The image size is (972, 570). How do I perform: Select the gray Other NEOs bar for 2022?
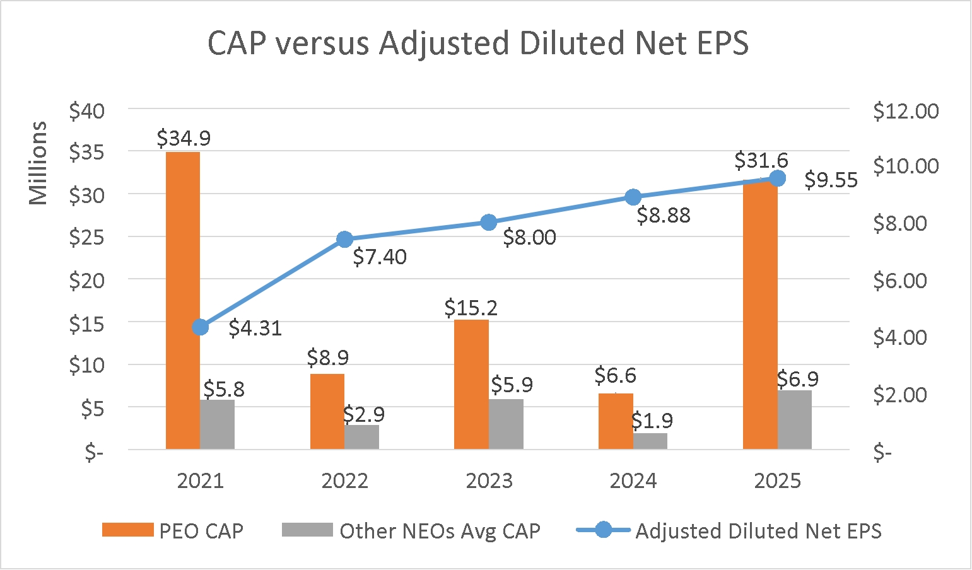click(361, 437)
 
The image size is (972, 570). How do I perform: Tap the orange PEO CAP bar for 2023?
click(471, 385)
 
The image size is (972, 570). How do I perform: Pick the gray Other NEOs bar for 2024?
click(650, 441)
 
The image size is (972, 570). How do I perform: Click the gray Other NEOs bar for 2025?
click(794, 420)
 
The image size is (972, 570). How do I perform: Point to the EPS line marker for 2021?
click(201, 327)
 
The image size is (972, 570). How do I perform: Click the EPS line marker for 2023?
click(489, 223)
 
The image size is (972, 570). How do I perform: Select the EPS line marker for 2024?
click(633, 197)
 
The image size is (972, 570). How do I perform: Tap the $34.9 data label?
click(184, 138)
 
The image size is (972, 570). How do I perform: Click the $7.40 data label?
click(380, 257)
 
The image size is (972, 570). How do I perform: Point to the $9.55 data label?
click(831, 181)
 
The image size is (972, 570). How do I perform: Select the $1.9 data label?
click(652, 420)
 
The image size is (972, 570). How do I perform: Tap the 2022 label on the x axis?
click(344, 481)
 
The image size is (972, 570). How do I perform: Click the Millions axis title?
click(38, 163)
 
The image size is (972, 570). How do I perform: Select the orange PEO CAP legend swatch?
click(127, 530)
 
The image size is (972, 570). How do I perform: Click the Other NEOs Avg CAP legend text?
click(440, 531)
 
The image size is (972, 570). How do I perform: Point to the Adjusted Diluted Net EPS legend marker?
click(603, 530)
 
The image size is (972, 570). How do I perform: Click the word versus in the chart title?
click(326, 44)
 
